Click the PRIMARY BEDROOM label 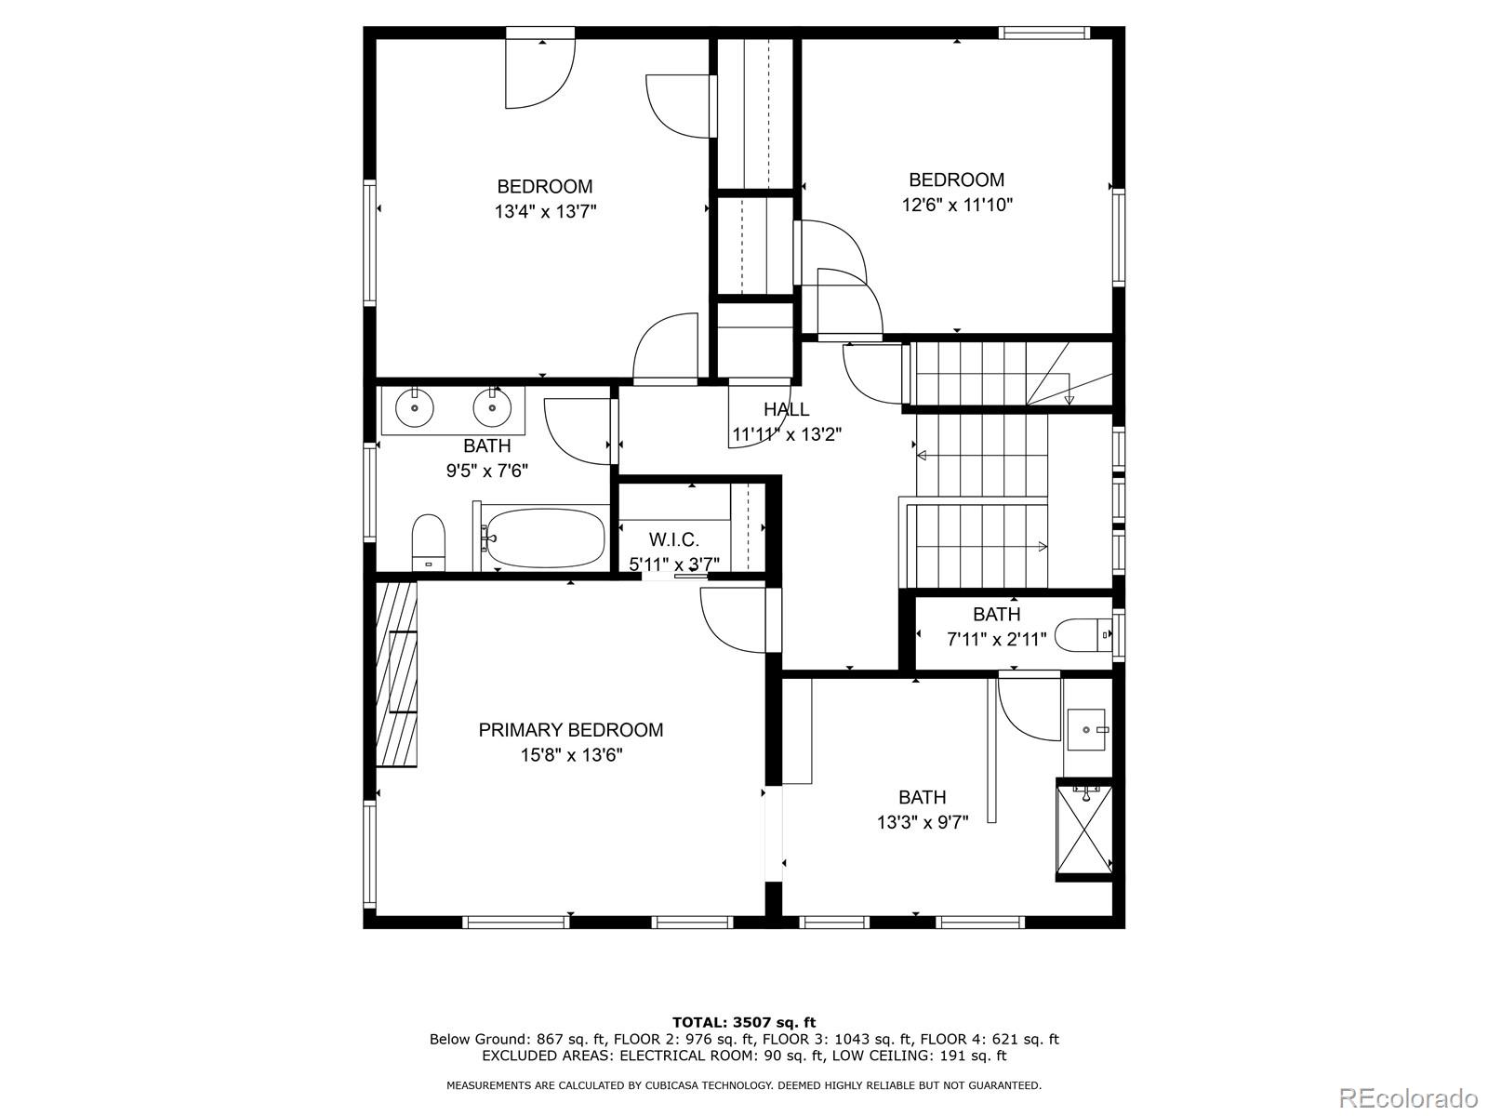571,730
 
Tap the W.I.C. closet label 674,540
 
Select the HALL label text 787,409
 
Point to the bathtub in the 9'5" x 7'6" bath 546,538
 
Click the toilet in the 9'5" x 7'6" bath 429,542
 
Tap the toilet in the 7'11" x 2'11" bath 1084,635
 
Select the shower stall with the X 1084,830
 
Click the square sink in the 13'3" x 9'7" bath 1086,730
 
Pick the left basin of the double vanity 414,408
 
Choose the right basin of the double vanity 492,408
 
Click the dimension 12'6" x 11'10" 957,205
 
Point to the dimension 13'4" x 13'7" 545,211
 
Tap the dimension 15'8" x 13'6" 571,755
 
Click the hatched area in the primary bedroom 396,674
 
